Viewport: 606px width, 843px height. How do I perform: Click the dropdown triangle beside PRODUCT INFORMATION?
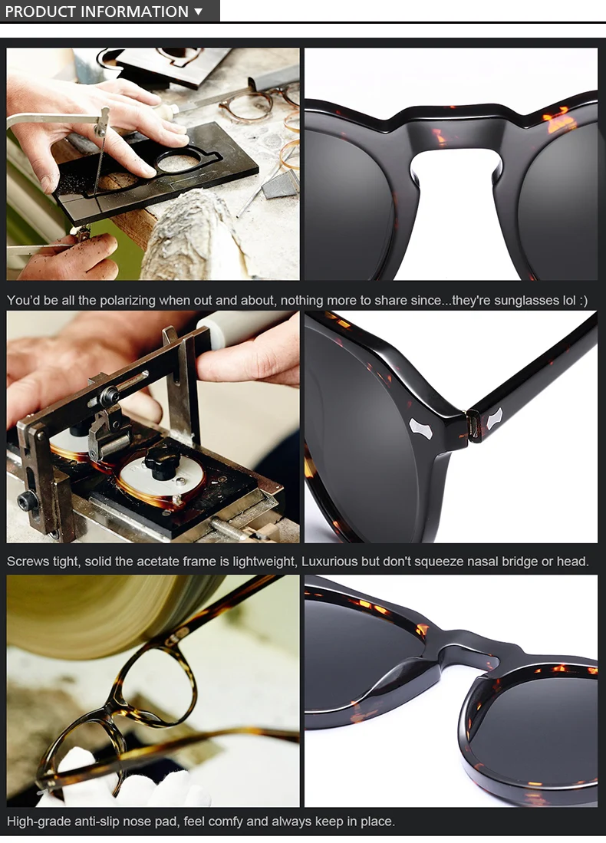[199, 12]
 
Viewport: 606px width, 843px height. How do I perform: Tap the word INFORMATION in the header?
[134, 12]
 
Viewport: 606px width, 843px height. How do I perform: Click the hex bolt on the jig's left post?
[27, 502]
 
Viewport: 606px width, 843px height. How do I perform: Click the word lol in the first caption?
[569, 300]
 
